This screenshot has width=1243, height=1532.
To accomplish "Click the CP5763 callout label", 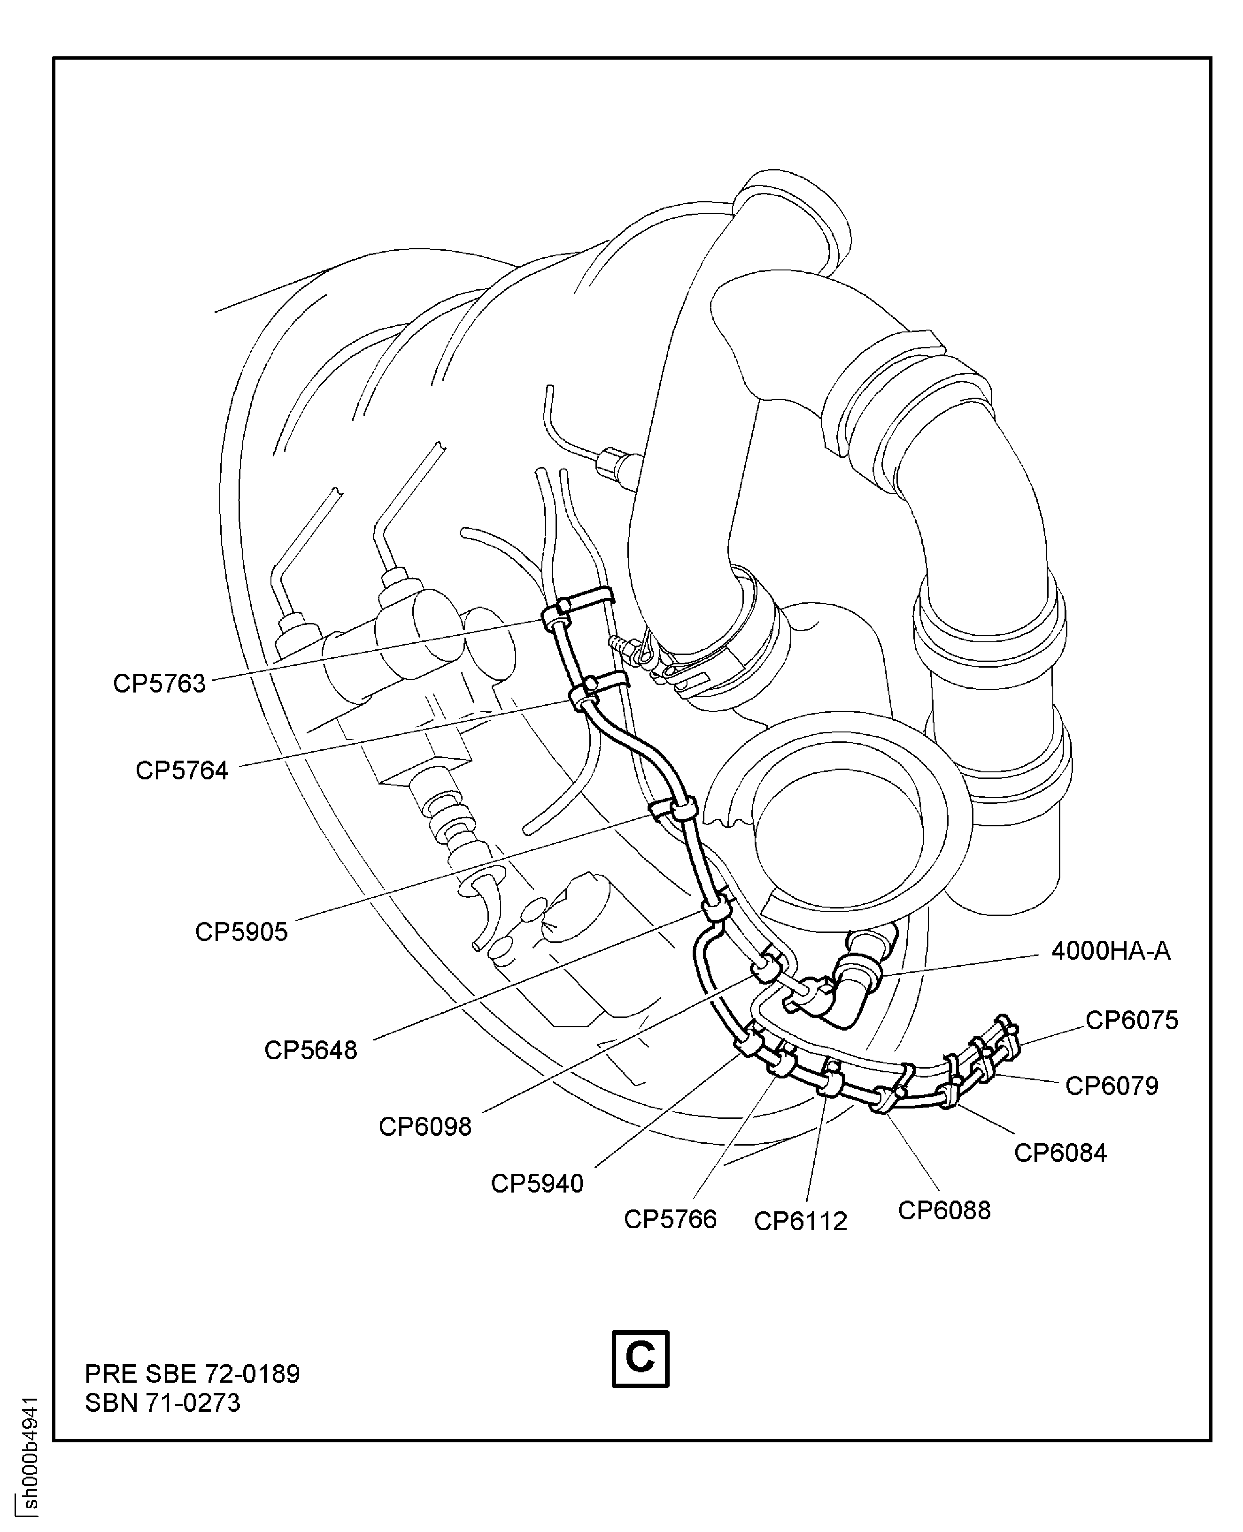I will pos(159,684).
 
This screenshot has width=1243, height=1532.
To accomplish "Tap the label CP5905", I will pos(241,932).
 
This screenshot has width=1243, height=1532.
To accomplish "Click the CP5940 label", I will pos(537,1183).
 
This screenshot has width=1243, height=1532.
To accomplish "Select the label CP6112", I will pos(801,1221).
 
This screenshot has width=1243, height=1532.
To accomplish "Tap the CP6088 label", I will pos(944,1210).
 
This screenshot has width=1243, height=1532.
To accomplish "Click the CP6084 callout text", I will pos(1060,1153).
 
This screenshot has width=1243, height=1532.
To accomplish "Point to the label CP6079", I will pos(1111,1086).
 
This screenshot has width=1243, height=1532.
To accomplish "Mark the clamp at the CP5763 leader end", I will pos(555,617).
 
